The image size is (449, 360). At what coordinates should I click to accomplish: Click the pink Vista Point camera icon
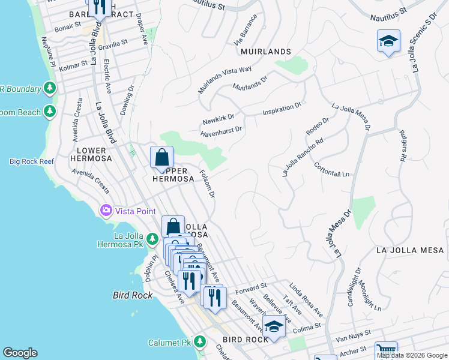106,211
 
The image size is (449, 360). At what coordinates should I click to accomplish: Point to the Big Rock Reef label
31,161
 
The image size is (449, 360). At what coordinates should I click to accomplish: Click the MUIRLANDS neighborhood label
266,52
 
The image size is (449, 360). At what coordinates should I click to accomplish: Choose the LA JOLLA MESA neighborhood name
411,250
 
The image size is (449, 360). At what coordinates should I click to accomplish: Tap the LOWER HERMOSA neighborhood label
91,154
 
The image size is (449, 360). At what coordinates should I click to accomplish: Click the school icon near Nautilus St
388,41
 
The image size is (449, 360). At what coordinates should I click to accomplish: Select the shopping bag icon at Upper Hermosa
161,158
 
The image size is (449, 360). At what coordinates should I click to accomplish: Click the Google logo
20,353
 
